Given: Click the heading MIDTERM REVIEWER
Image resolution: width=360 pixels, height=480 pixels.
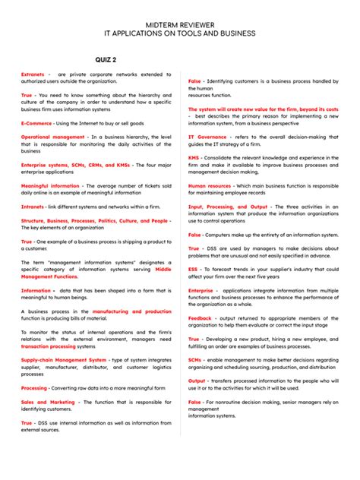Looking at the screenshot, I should (x=180, y=25).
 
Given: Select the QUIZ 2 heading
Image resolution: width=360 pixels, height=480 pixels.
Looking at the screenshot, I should (x=106, y=59).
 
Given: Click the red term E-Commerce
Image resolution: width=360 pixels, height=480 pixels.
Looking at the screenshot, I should (x=36, y=123).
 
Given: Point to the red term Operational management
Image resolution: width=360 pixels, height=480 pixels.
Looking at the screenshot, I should (x=52, y=137).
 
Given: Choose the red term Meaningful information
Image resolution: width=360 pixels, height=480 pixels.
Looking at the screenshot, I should (x=49, y=185).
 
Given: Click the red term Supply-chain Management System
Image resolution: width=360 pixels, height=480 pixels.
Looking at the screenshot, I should (x=64, y=359).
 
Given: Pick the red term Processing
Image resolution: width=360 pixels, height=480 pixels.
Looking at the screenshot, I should (x=34, y=387).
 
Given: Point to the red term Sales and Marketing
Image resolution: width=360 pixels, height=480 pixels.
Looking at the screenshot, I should (x=48, y=402).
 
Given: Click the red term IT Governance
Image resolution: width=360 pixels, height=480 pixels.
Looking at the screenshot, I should (x=207, y=137).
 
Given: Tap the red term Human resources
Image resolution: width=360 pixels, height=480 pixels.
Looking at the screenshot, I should (x=210, y=185).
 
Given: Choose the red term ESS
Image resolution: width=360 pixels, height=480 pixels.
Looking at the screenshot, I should (x=194, y=269).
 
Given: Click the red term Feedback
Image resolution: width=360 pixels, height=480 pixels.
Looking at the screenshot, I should (x=201, y=318).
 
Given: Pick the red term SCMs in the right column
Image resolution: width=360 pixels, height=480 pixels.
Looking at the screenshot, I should (x=195, y=360).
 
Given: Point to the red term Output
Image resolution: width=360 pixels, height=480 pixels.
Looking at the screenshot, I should (x=197, y=381).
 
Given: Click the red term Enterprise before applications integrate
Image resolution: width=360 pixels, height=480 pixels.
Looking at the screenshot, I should (x=201, y=290).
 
